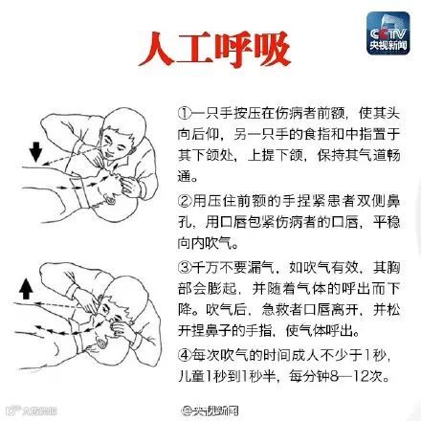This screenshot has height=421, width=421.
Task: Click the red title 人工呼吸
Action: tap(214, 49)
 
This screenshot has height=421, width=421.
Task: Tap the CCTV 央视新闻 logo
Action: tap(388, 33)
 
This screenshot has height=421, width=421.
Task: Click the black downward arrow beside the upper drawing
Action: tap(35, 152)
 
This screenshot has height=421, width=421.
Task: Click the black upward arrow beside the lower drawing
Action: tap(26, 288)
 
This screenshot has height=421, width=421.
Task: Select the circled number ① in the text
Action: tap(185, 113)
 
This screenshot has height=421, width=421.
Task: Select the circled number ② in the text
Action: tap(185, 201)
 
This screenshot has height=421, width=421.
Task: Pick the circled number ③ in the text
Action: tap(185, 267)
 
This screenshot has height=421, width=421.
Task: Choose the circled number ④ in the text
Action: tap(185, 355)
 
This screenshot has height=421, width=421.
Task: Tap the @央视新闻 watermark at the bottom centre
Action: tap(210, 410)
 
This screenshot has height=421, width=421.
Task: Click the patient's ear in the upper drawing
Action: tap(111, 200)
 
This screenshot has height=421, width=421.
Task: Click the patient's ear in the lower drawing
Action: tap(102, 343)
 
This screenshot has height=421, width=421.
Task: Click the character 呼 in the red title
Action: tap(233, 49)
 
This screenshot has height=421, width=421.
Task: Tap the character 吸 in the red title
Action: tap(272, 49)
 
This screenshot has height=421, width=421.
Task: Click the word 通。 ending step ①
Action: tap(188, 176)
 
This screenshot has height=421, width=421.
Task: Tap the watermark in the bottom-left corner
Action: tap(31, 410)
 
